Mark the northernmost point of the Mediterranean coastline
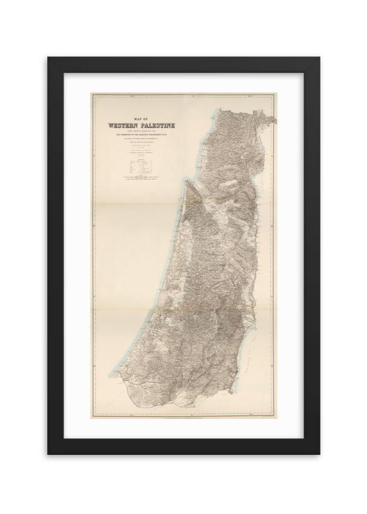(220, 109)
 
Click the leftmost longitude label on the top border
(131, 96)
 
